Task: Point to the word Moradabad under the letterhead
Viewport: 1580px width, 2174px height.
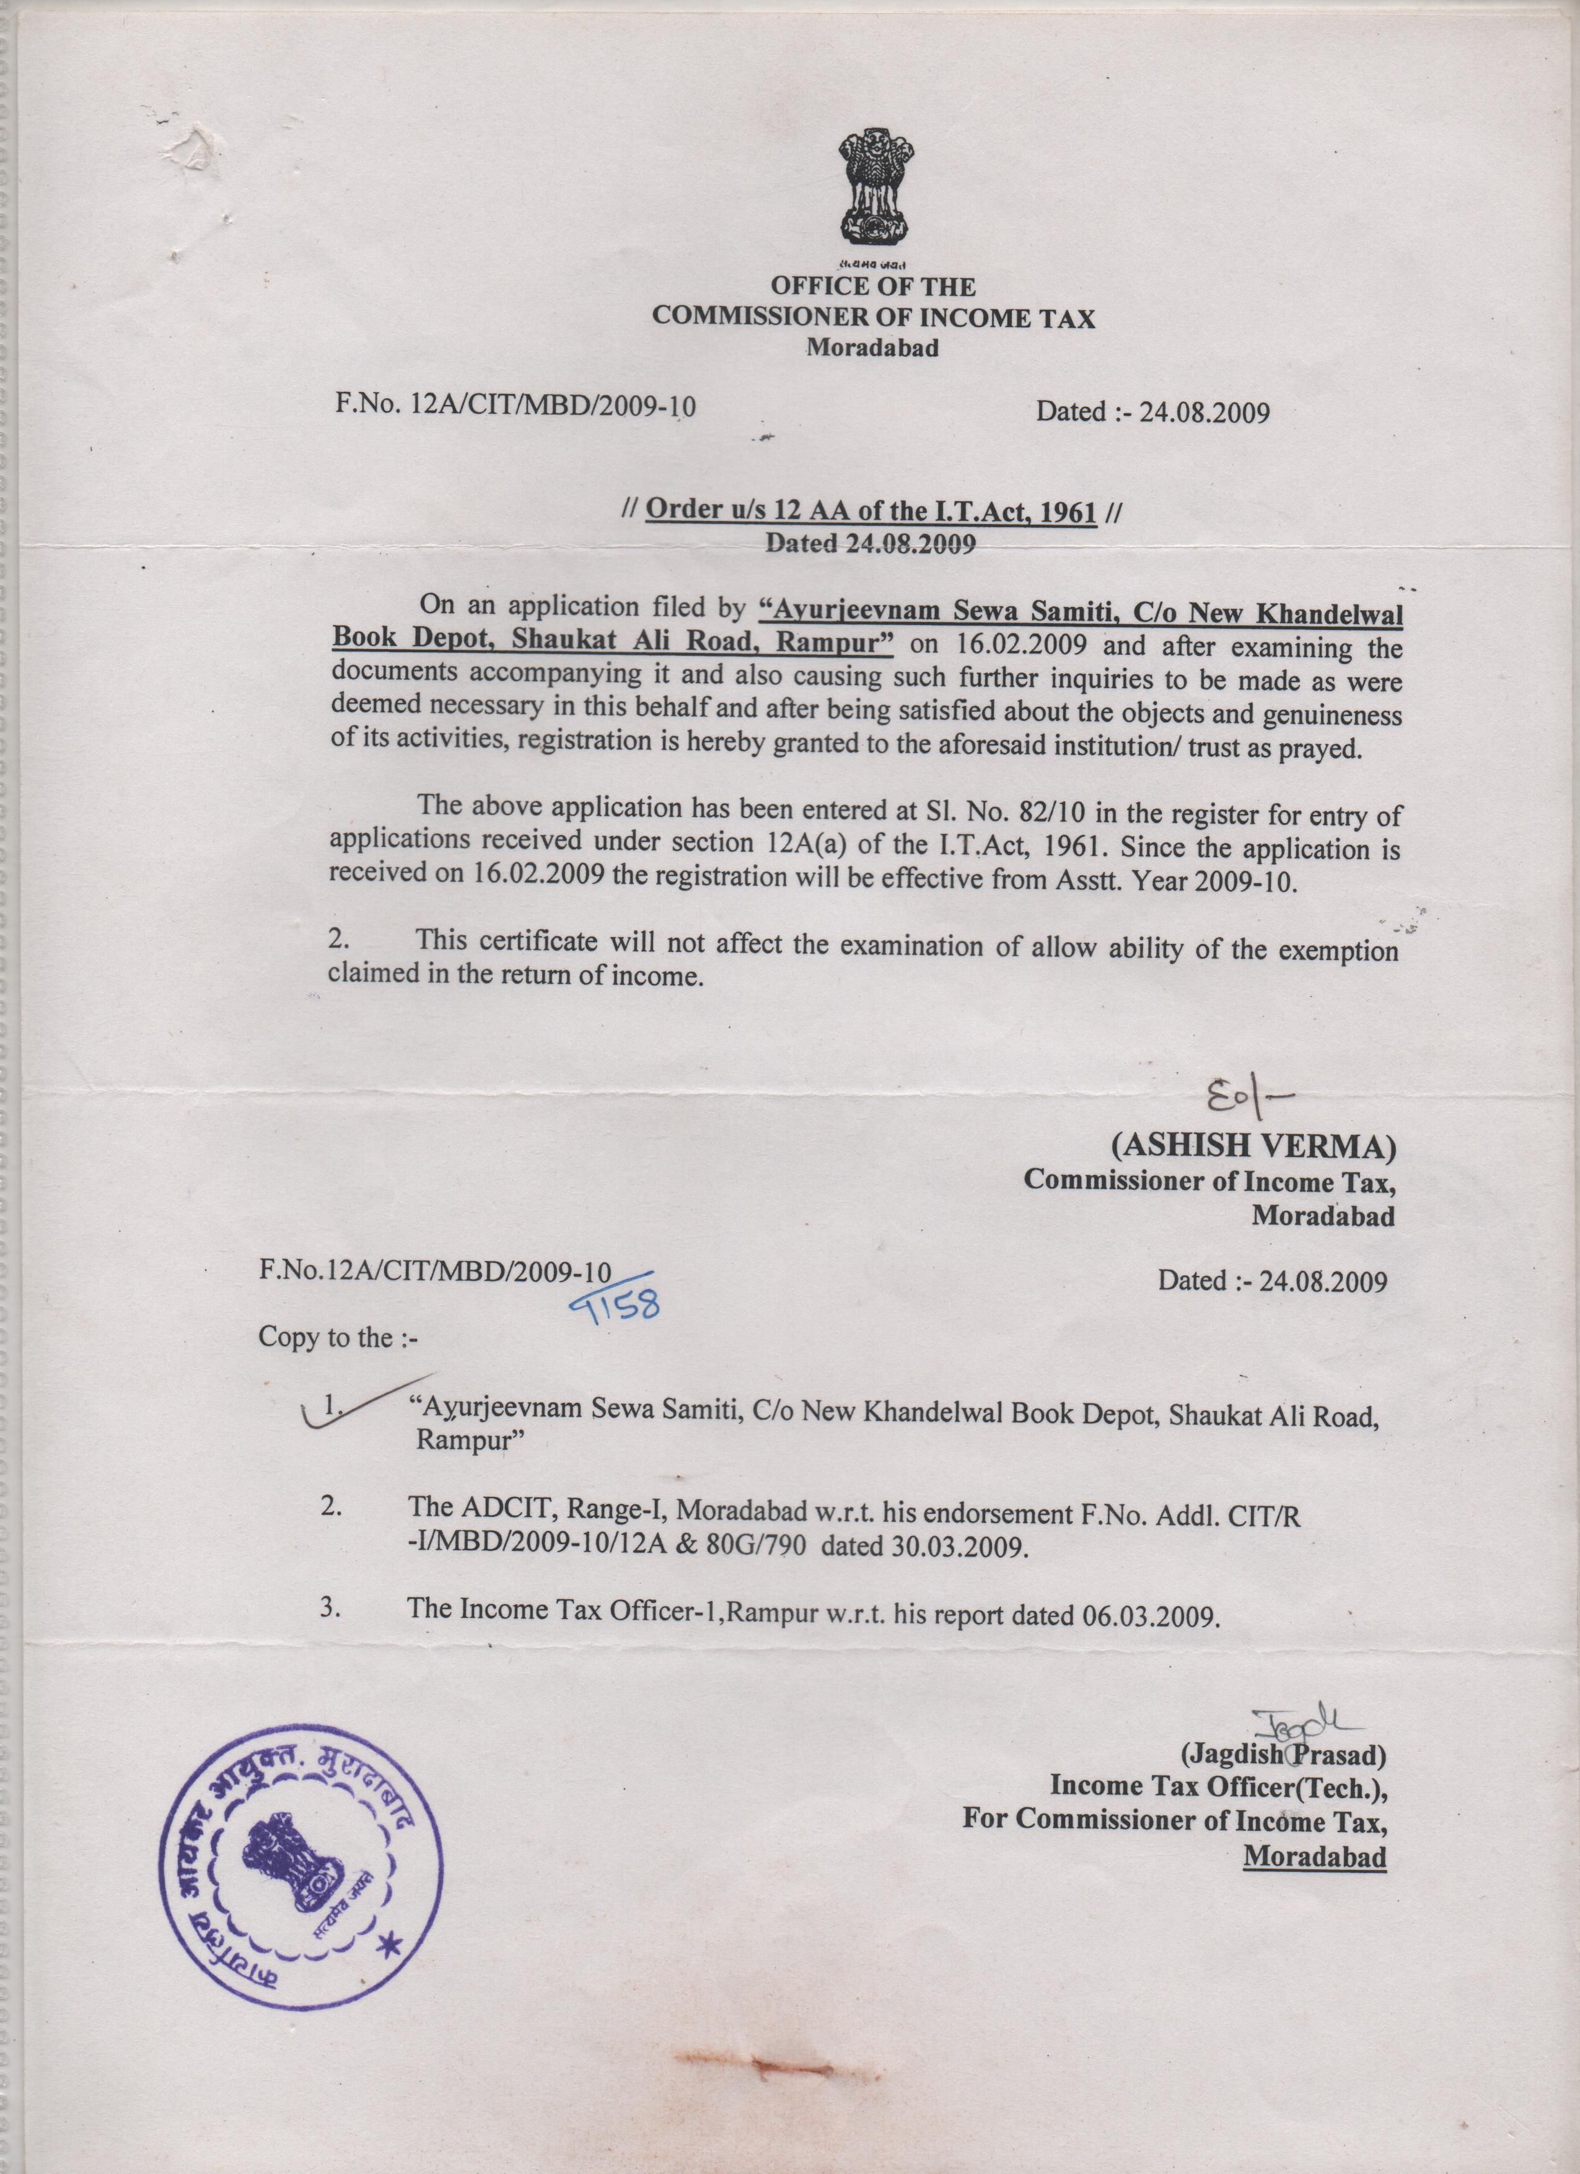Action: [x=872, y=348]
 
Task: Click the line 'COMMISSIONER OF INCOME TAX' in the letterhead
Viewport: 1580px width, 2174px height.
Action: [x=872, y=318]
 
